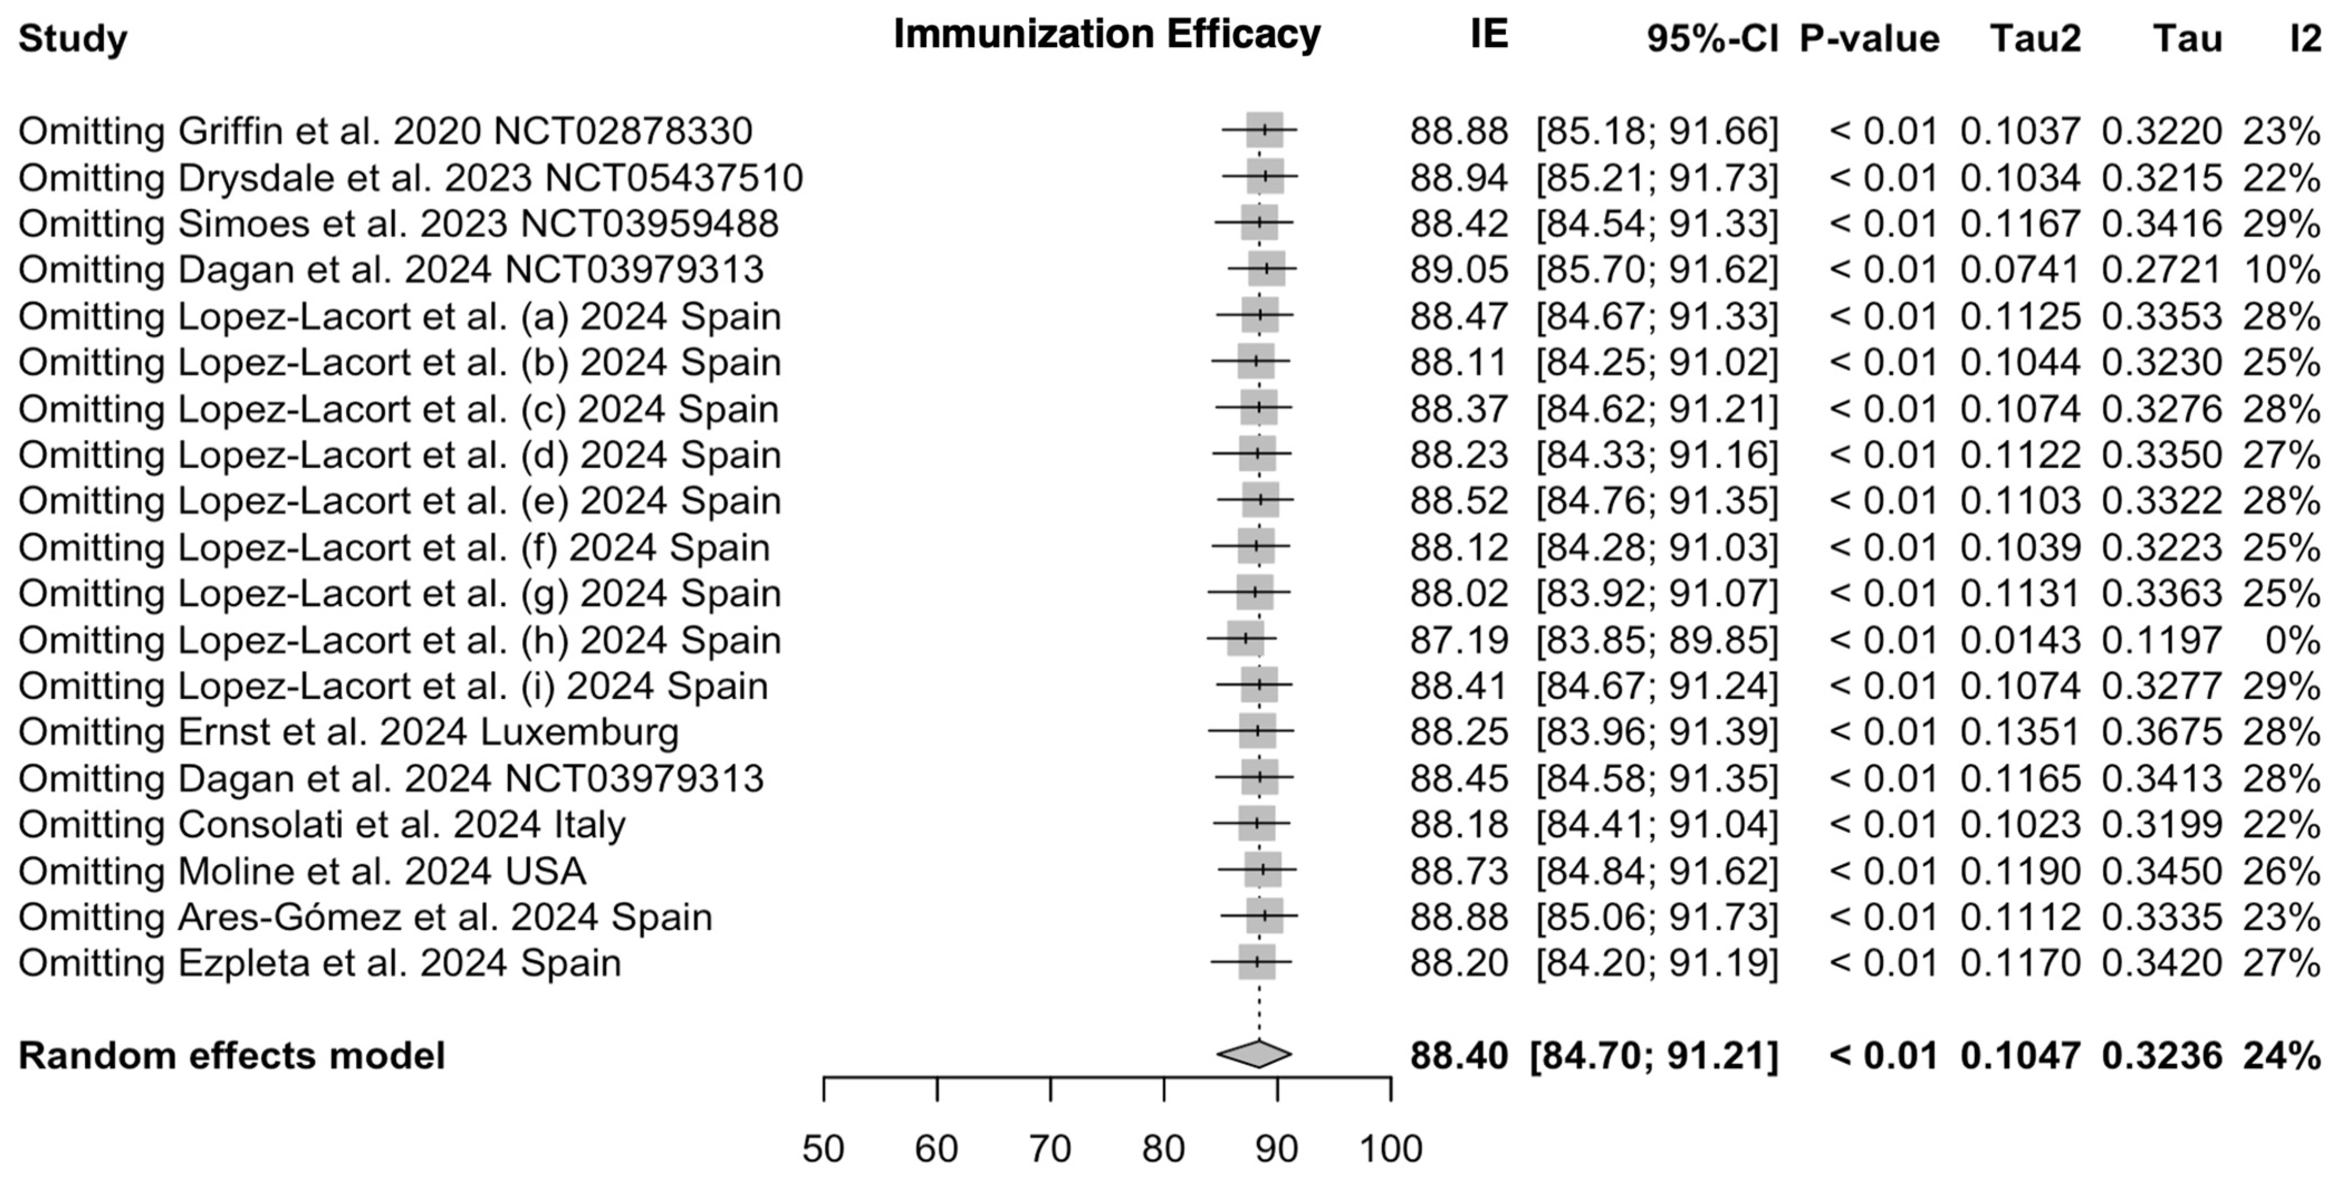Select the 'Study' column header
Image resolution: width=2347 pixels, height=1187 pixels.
pyautogui.click(x=73, y=39)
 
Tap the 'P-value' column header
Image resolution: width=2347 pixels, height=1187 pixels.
pyautogui.click(x=1869, y=39)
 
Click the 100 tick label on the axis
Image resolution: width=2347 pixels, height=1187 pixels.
pyautogui.click(x=1391, y=1149)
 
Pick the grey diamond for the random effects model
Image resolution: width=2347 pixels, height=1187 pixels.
pyautogui.click(x=1254, y=1054)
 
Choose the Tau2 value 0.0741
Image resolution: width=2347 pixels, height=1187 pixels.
pyautogui.click(x=2020, y=269)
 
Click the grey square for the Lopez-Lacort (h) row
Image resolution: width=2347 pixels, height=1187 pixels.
pyautogui.click(x=1245, y=639)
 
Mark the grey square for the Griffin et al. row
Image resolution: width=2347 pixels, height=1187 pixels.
pyautogui.click(x=1264, y=131)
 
